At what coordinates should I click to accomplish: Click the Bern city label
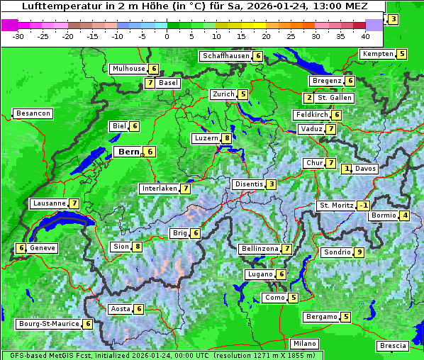[129, 152]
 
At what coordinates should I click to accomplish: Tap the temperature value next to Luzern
[226, 138]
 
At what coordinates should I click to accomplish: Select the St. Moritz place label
[336, 206]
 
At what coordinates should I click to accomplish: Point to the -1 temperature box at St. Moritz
[363, 206]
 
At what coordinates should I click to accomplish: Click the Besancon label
[33, 113]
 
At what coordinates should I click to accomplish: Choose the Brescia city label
[393, 346]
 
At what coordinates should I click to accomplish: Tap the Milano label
[305, 343]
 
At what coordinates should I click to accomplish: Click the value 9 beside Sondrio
[359, 252]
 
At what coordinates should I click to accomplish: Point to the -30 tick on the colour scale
[18, 35]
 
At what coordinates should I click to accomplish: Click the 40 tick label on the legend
[365, 35]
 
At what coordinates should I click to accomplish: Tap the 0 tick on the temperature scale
[167, 35]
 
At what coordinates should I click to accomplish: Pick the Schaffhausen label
[226, 55]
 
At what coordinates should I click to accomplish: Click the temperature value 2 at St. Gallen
[308, 97]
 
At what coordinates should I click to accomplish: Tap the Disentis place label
[249, 184]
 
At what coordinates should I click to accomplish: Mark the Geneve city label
[43, 248]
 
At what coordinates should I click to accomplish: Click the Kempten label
[376, 54]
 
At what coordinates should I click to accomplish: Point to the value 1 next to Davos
[347, 169]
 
